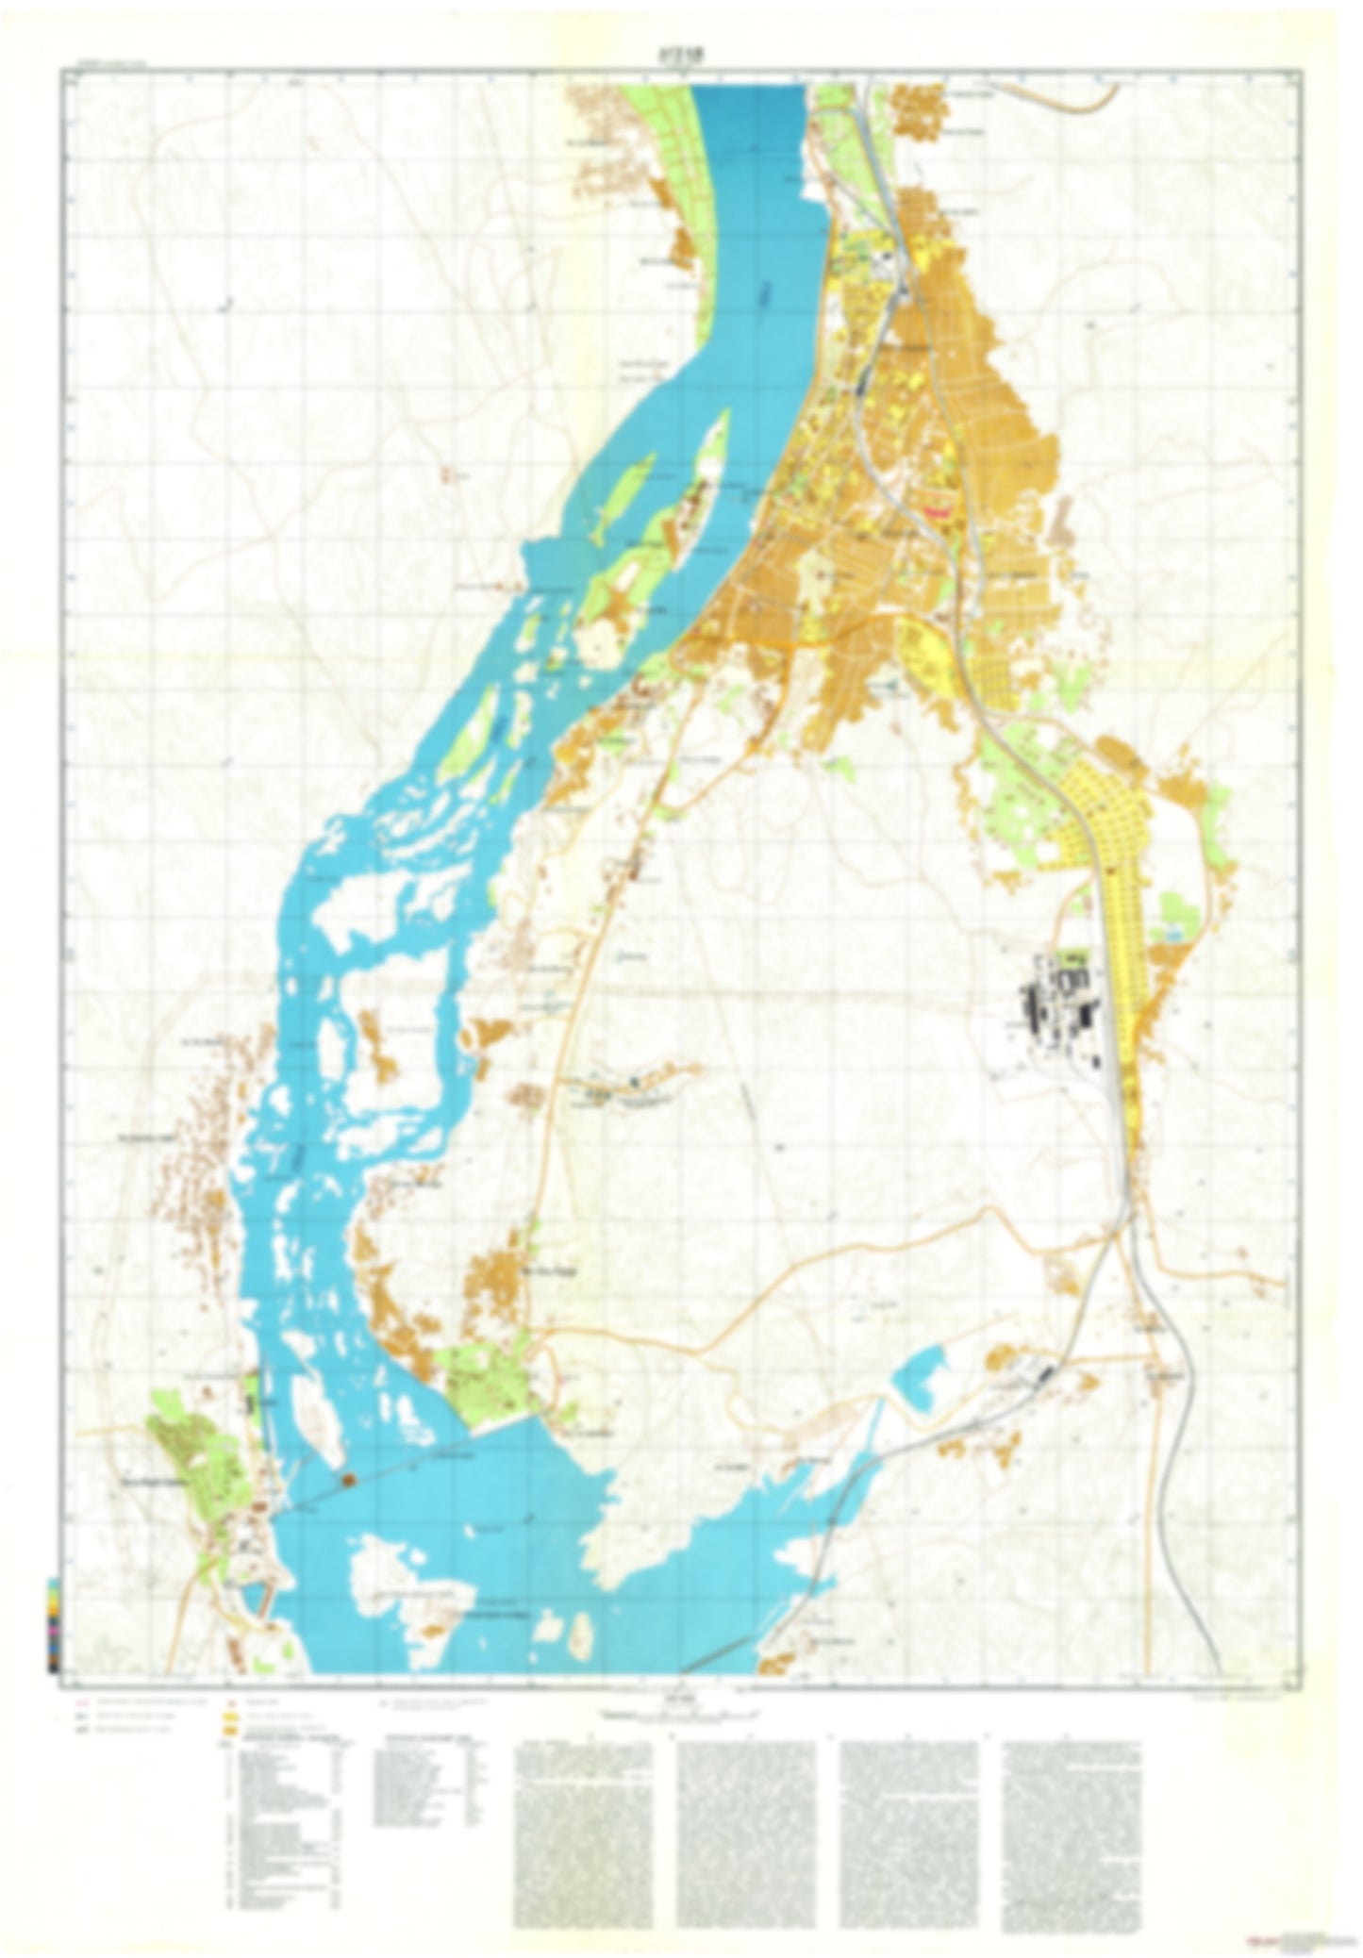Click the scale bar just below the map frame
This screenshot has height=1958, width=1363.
point(681,1712)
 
